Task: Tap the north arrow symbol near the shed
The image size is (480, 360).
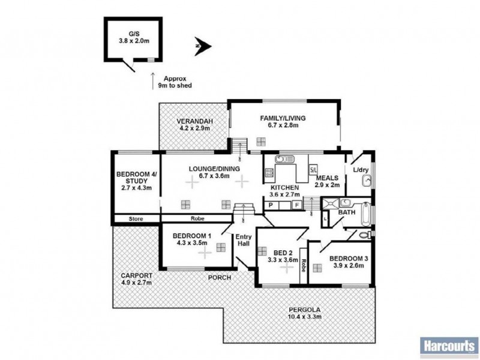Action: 202,45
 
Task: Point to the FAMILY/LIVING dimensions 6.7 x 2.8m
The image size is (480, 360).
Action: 279,125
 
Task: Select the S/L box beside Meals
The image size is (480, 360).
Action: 313,170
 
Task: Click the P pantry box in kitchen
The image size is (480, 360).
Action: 271,205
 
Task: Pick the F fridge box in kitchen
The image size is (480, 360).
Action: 296,205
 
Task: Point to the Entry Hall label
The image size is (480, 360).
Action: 243,239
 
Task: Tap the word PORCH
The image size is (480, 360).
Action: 219,278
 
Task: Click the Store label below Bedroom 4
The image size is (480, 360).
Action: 136,219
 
